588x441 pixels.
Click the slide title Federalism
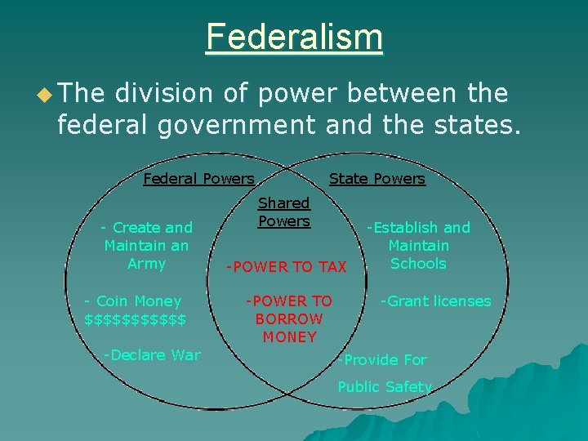coord(294,37)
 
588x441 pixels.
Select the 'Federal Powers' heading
coord(198,179)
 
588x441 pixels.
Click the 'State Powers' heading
coord(376,179)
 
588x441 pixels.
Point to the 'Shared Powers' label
coord(284,212)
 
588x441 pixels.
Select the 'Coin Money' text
coord(132,301)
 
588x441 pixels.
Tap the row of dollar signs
coord(135,318)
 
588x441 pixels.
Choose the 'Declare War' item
coord(152,354)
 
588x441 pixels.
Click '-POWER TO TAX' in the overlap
coord(287,267)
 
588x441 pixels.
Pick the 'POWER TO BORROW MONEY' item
coord(289,318)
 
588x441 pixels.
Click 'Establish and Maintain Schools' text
coord(418,245)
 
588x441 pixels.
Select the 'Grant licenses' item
coord(436,301)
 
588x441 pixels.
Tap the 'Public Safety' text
coord(385,387)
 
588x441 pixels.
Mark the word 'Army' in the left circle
coord(147,264)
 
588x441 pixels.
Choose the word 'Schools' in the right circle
coord(418,264)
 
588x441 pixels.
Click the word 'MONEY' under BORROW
coord(289,336)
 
